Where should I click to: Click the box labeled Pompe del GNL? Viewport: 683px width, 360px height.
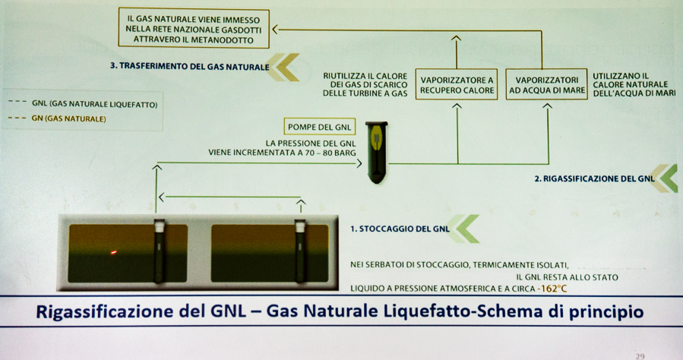tap(320, 127)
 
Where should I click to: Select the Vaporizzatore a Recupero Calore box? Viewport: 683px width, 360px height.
tap(457, 85)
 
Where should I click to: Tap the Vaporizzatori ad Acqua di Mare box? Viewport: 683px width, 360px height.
tap(547, 84)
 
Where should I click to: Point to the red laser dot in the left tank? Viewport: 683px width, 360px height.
tap(113, 252)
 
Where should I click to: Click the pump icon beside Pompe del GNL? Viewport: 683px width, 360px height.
tap(376, 153)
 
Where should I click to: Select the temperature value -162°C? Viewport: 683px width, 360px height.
tap(552, 289)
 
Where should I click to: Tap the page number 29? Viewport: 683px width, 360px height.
tap(640, 356)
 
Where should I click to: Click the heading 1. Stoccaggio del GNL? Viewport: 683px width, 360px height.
tap(400, 229)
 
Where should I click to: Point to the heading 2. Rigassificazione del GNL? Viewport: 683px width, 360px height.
tap(595, 178)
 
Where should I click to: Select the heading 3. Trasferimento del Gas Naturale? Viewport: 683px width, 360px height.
tap(189, 67)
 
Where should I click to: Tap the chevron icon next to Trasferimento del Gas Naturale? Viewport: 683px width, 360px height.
tap(283, 67)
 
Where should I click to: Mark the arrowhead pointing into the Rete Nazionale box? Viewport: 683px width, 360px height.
tap(275, 30)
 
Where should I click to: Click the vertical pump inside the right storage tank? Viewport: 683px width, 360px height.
tap(299, 251)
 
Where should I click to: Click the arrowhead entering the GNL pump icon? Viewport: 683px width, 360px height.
tap(359, 163)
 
